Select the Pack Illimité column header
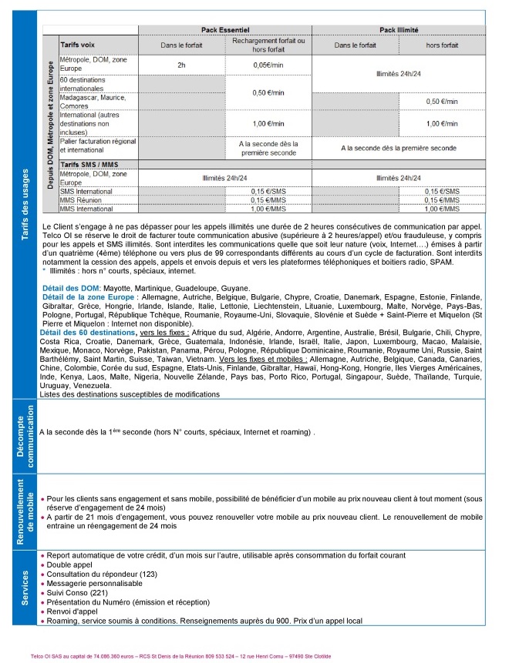[x=399, y=28]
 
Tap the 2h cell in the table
[x=181, y=65]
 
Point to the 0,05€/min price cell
[x=268, y=65]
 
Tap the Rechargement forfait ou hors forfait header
[x=268, y=44]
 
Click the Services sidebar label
[x=24, y=587]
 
